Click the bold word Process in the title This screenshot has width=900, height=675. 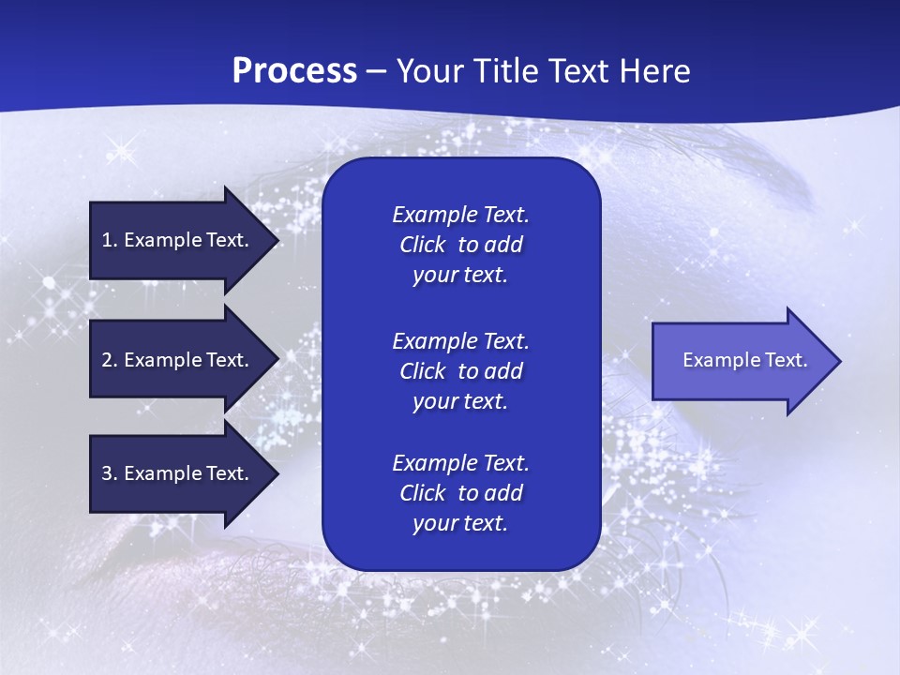click(294, 71)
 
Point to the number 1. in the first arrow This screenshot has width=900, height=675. click(110, 240)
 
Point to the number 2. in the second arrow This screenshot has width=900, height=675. click(110, 360)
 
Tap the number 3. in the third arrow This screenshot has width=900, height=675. click(110, 473)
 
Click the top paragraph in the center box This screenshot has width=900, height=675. click(460, 245)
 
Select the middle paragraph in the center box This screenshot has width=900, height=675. click(460, 371)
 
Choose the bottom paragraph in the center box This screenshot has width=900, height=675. click(460, 493)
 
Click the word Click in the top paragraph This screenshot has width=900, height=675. click(422, 245)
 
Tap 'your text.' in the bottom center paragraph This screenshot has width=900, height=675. click(460, 524)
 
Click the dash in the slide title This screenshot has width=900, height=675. click(376, 72)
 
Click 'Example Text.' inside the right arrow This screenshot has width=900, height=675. click(744, 360)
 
